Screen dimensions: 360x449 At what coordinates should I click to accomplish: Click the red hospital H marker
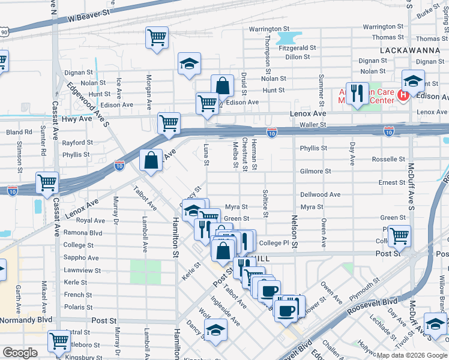pyautogui.click(x=404, y=94)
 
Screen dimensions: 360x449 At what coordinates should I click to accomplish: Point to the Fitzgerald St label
pyautogui.click(x=296, y=47)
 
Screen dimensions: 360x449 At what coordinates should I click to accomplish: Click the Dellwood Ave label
pyautogui.click(x=320, y=194)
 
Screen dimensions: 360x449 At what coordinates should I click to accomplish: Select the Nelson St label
pyautogui.click(x=295, y=232)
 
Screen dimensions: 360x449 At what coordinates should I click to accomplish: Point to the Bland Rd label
pyautogui.click(x=19, y=132)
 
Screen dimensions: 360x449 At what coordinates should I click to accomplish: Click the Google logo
pyautogui.click(x=20, y=353)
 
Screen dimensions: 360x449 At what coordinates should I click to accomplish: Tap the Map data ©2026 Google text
pyautogui.click(x=411, y=355)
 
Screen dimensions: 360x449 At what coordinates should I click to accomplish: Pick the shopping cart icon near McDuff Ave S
pyautogui.click(x=399, y=236)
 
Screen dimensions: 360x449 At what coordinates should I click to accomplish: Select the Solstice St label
pyautogui.click(x=265, y=205)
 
